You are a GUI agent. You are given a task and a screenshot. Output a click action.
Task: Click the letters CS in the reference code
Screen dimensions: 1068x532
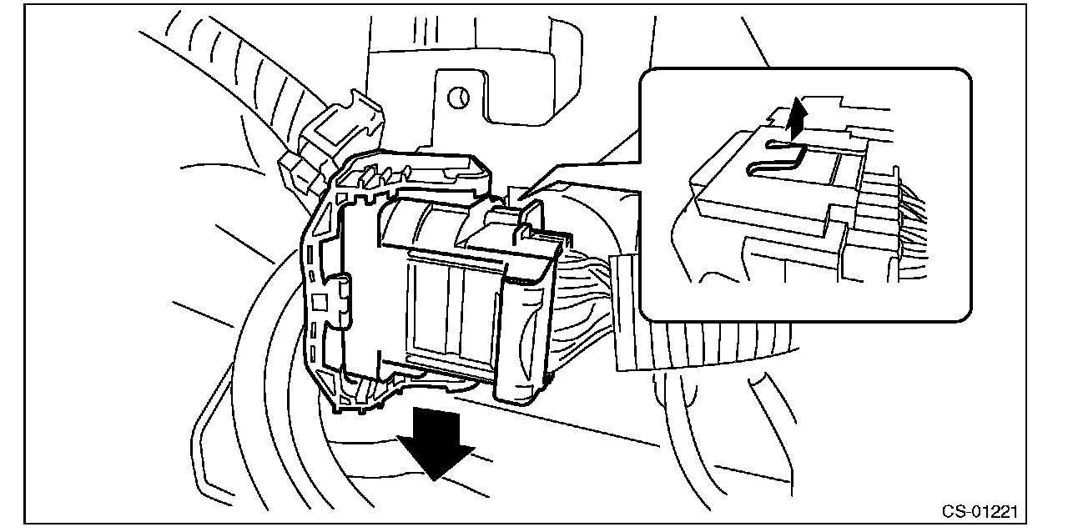(x=955, y=510)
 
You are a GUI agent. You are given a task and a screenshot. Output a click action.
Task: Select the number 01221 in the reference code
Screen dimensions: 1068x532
(x=1000, y=510)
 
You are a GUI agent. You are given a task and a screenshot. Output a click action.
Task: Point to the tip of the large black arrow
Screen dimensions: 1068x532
(x=433, y=479)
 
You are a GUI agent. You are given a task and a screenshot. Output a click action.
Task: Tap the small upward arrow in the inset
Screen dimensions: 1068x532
(x=798, y=116)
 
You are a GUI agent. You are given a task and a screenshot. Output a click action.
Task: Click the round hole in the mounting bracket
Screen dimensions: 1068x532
(x=458, y=98)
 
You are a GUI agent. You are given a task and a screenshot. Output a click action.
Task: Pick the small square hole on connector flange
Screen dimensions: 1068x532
(x=318, y=300)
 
